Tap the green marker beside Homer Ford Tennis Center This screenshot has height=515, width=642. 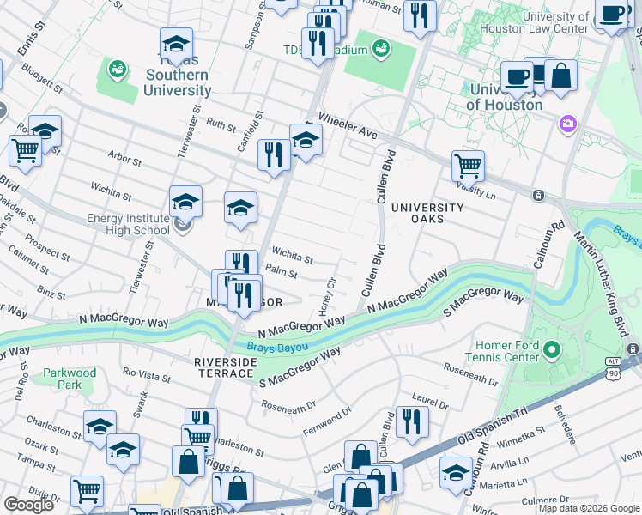pos(550,350)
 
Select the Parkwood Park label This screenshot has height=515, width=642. pos(70,379)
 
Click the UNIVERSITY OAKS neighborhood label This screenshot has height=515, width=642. pos(427,214)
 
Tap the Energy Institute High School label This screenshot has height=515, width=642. pos(128,224)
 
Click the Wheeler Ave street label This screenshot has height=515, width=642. pos(348,126)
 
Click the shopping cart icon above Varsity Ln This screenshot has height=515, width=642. pos(468,163)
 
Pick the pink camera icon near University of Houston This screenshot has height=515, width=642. pos(566,125)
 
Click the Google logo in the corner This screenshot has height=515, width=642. pos(28,505)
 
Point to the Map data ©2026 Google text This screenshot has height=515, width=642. pos(589,508)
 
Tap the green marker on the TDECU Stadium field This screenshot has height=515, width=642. pos(381,47)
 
